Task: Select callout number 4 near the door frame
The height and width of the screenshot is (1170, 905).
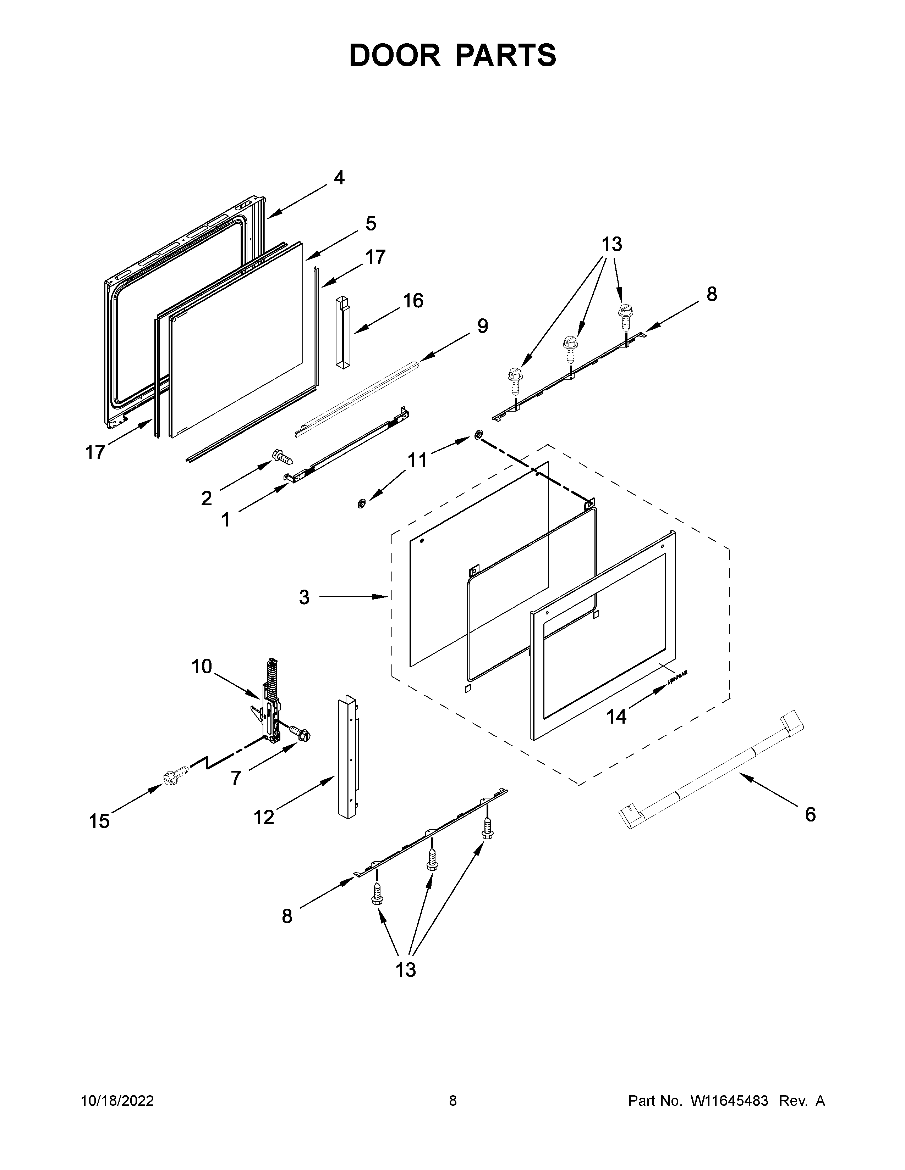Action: (x=339, y=177)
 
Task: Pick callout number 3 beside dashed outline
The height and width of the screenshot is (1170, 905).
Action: (x=304, y=597)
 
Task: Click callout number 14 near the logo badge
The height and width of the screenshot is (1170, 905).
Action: (x=616, y=716)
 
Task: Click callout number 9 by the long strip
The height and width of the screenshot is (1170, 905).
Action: (x=483, y=326)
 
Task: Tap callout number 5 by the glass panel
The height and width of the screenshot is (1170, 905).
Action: (x=371, y=223)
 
